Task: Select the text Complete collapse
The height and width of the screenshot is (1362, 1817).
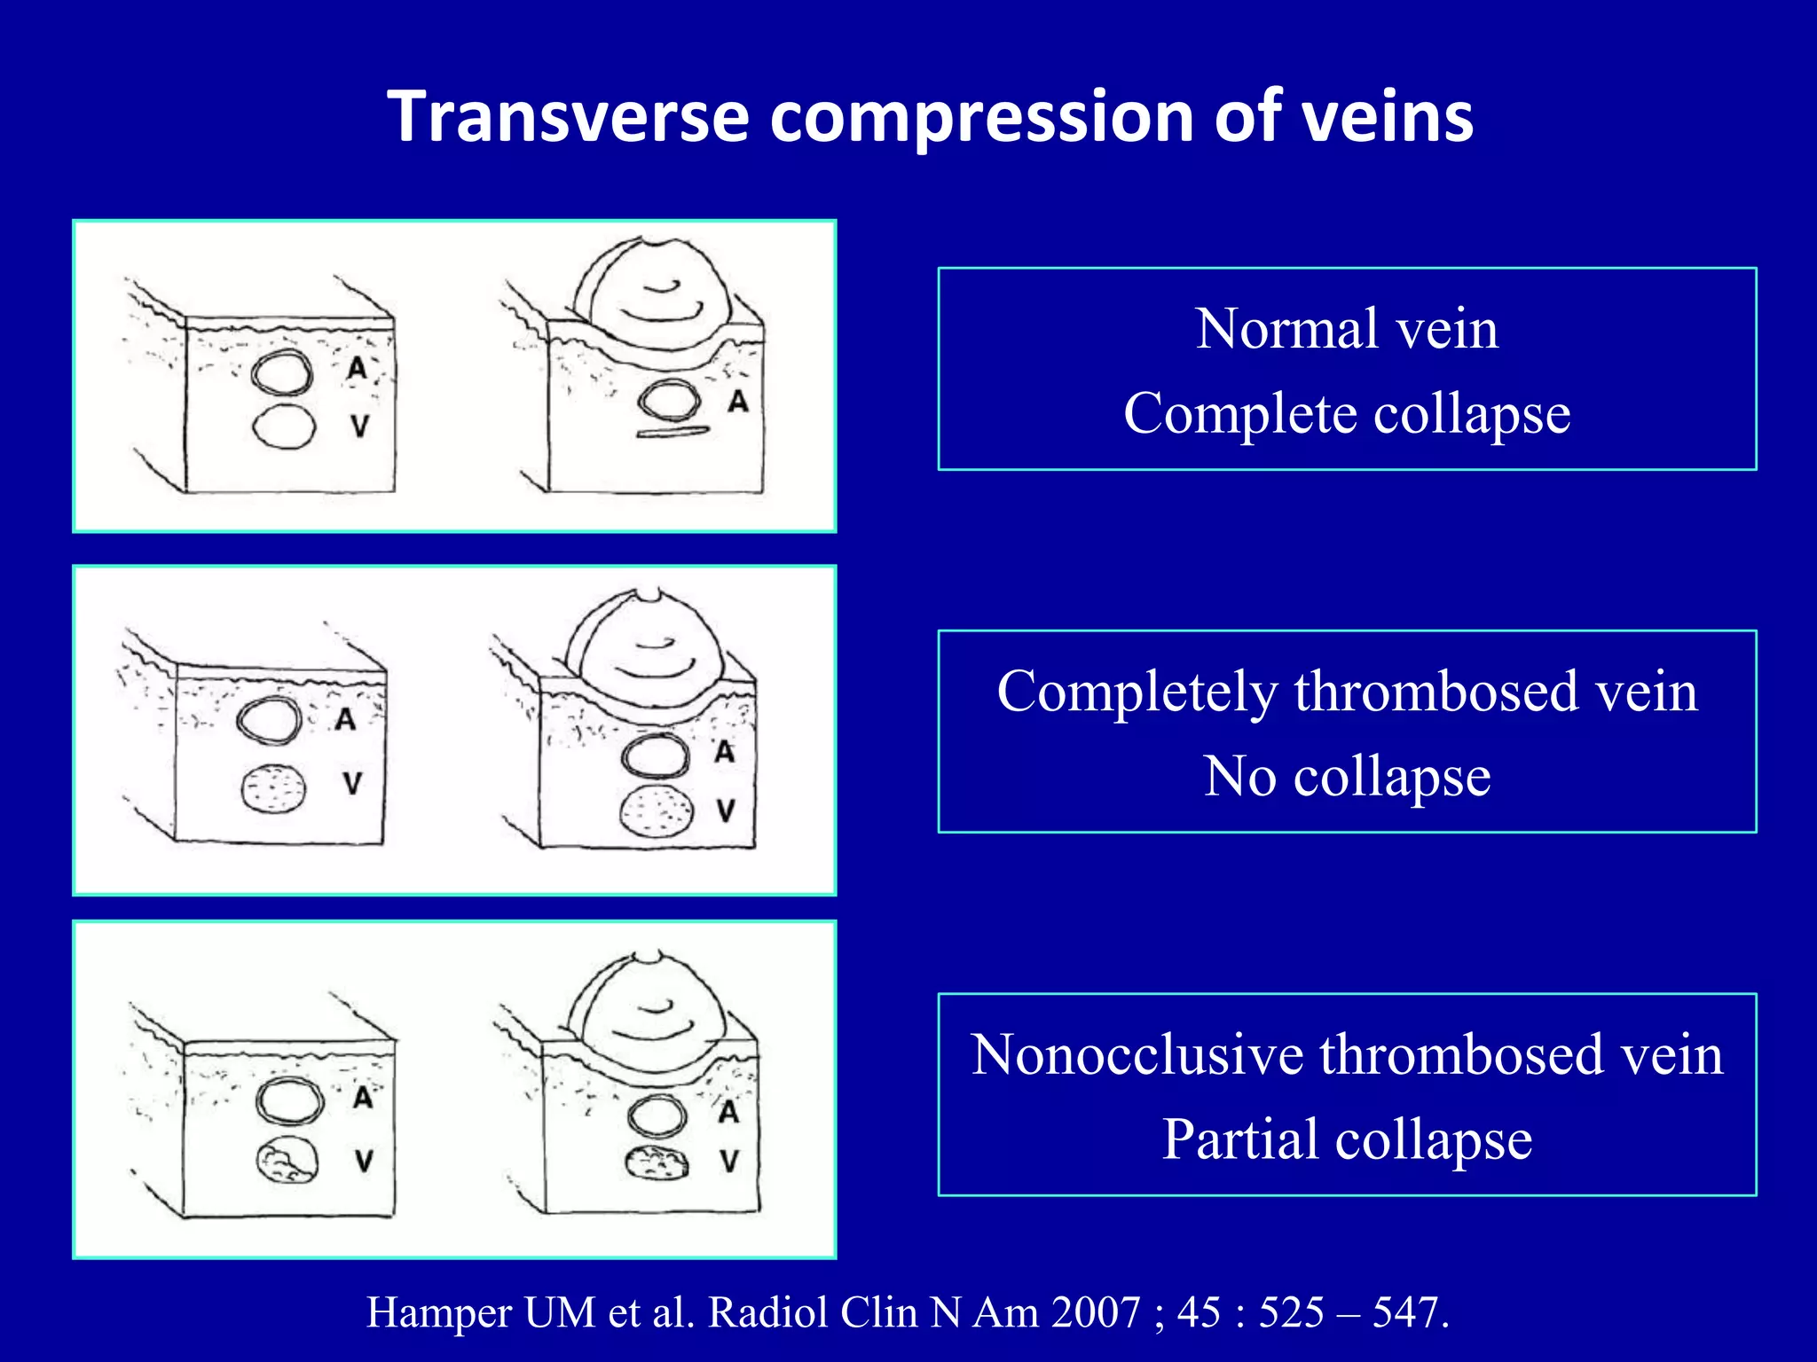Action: (x=1347, y=413)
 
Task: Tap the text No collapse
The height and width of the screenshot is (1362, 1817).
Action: (x=1347, y=777)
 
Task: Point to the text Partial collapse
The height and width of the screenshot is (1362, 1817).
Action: (x=1347, y=1139)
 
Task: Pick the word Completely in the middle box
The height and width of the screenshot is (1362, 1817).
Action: (x=1136, y=692)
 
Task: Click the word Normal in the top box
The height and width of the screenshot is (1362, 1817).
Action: (x=1283, y=329)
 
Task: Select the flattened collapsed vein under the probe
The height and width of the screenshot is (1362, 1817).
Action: (x=673, y=433)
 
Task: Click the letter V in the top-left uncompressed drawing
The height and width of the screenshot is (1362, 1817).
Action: (x=359, y=427)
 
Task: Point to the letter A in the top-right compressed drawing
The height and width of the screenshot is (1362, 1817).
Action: (x=738, y=402)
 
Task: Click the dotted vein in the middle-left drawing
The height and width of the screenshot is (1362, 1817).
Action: (x=273, y=788)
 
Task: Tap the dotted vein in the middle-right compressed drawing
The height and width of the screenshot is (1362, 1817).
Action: (x=657, y=810)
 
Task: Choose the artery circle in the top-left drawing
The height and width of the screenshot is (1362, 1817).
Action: (x=282, y=372)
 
